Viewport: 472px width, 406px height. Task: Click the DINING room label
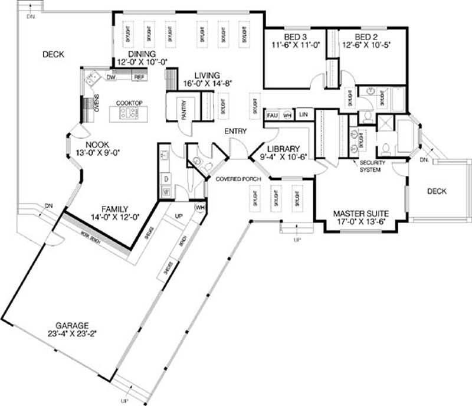pos(137,53)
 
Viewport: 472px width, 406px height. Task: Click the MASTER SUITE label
pos(360,213)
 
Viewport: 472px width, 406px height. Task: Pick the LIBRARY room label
pos(283,149)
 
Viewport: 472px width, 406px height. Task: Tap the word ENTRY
pos(235,131)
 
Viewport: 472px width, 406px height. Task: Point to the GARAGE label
pos(72,325)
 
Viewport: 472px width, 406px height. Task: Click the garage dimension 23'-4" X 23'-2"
pos(72,333)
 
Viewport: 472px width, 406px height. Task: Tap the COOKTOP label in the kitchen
pos(129,103)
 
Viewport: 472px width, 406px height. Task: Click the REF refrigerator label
pos(139,77)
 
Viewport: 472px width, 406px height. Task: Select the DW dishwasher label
pos(110,77)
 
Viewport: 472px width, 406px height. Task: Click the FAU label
pos(273,114)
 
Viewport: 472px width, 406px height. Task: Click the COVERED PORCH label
pos(234,179)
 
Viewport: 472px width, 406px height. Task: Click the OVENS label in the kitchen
pos(97,103)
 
